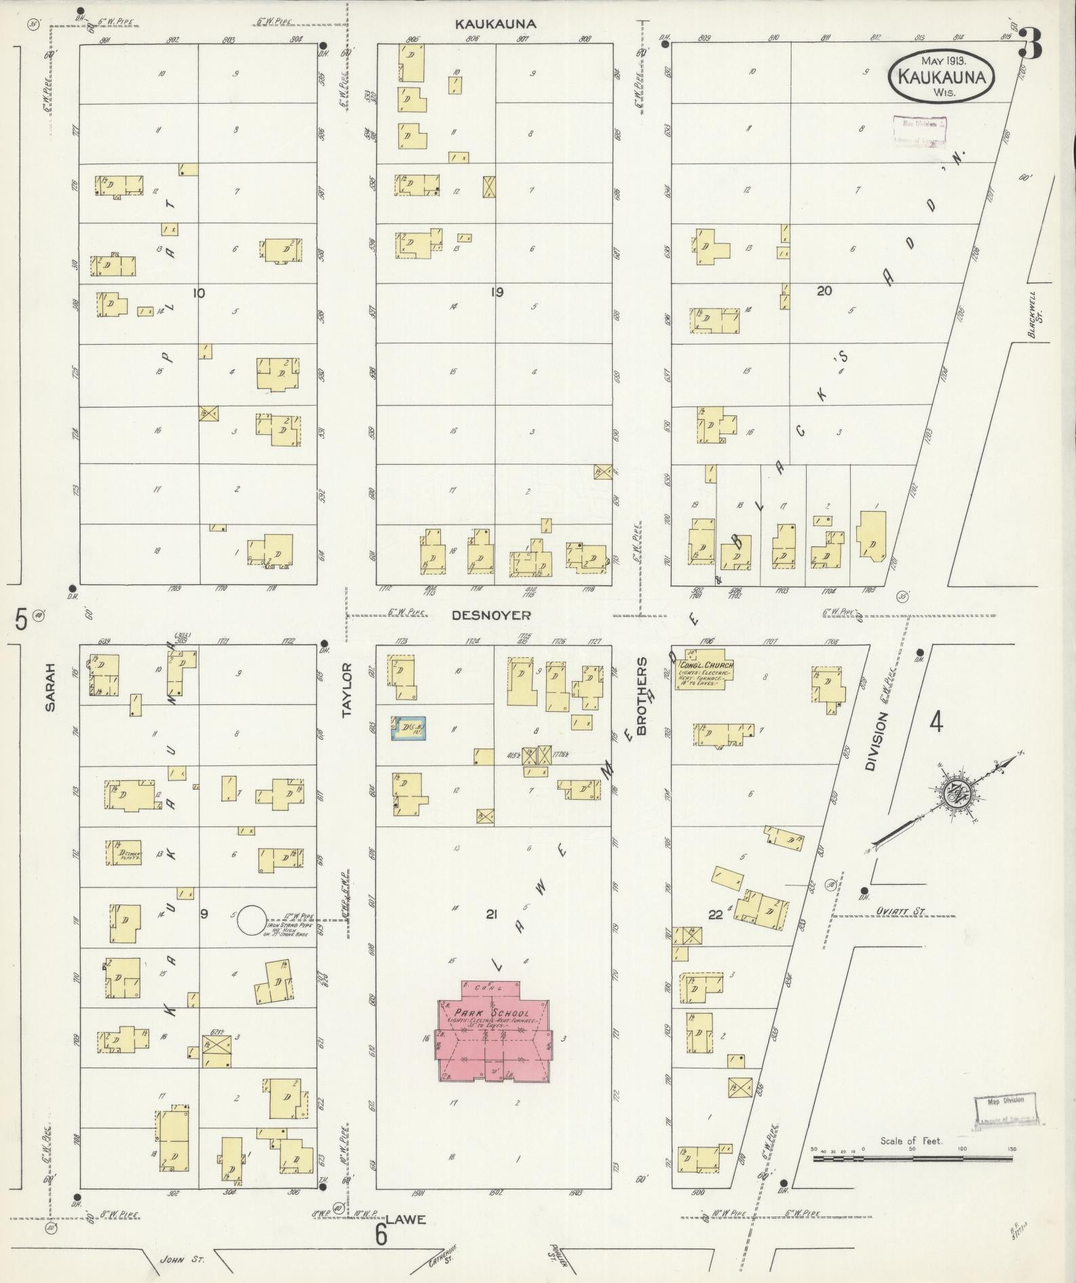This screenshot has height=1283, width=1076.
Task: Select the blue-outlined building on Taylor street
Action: coord(409,727)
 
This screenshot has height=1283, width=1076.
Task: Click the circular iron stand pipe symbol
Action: coord(251,920)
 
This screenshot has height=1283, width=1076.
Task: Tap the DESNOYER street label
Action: coord(492,615)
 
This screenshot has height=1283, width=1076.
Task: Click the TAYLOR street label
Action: coord(348,690)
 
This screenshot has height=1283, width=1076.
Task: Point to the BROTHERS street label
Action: coord(641,695)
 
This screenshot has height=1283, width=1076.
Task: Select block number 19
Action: coord(497,293)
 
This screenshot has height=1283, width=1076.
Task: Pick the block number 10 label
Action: coord(199,293)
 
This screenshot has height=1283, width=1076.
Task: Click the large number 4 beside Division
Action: coord(936,723)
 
